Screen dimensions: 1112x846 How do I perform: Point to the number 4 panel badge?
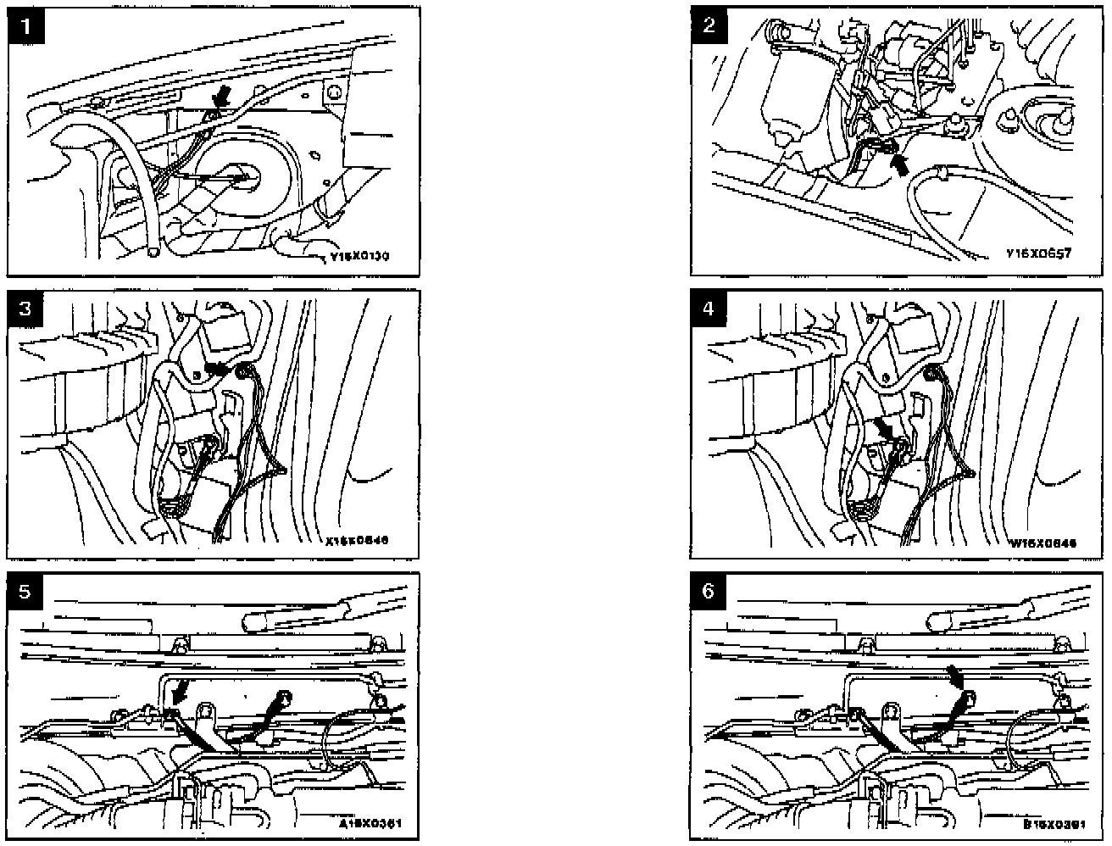point(709,308)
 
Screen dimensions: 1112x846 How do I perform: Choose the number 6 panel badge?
point(709,591)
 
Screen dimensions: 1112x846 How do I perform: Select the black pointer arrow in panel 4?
point(884,427)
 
